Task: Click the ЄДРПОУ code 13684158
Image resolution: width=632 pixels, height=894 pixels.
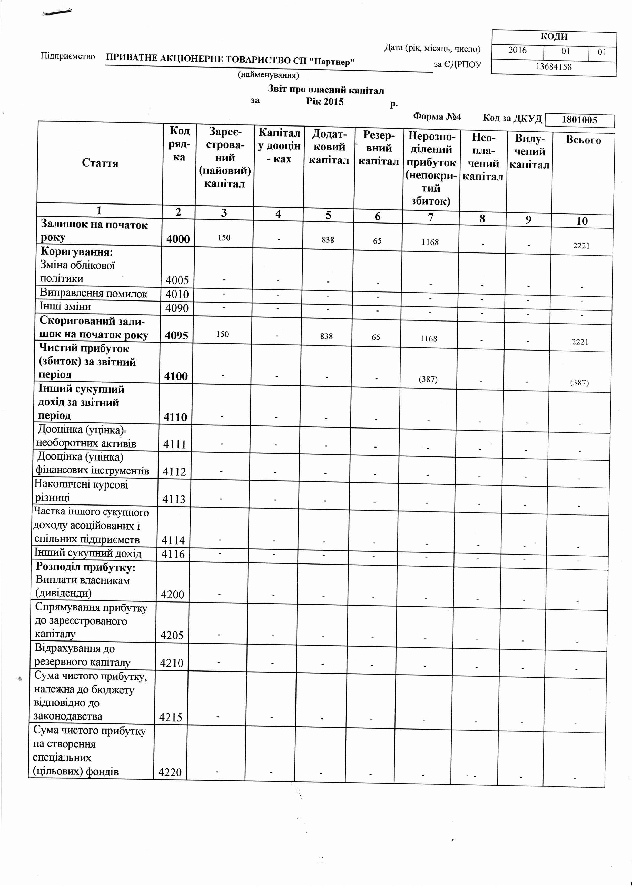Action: pos(554,66)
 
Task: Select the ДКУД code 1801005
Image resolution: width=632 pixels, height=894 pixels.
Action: pos(579,120)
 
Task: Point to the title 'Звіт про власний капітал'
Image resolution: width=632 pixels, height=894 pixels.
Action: pos(326,90)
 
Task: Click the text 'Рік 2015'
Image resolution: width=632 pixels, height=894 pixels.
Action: pos(324,102)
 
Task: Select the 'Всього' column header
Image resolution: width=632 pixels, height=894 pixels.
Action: pos(583,140)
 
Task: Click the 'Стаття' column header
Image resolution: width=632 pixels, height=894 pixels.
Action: pos(100,163)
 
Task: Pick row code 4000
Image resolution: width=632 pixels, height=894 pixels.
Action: pos(178,239)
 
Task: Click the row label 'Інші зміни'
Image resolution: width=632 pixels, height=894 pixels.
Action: pos(65,306)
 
